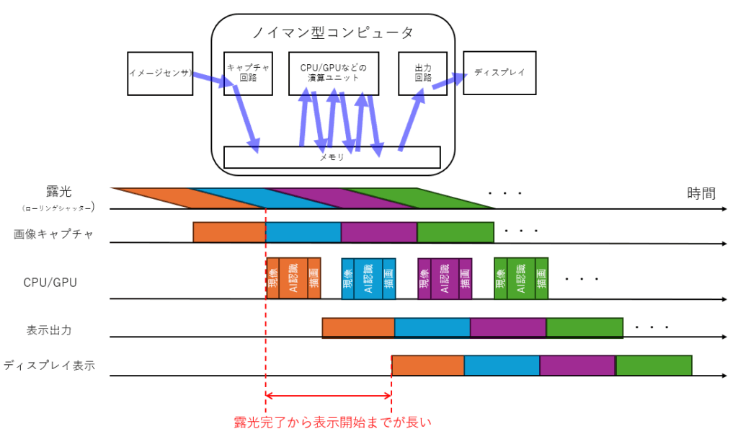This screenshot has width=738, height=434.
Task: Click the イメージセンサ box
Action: pos(160,73)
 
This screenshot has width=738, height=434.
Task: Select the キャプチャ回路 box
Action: pos(248,73)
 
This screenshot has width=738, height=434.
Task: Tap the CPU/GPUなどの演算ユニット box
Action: pos(333,73)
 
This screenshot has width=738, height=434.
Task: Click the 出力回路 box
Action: pos(422,73)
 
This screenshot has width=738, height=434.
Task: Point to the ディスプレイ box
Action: pos(499,73)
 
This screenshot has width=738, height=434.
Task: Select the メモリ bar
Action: pos(332,157)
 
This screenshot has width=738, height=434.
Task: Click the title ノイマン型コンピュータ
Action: pos(332,32)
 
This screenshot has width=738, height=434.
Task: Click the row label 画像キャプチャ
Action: pos(53,234)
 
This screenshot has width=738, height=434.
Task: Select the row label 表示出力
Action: pos(48,330)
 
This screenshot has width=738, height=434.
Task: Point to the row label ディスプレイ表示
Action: pos(49,365)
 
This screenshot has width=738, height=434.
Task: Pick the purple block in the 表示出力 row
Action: pos(507,328)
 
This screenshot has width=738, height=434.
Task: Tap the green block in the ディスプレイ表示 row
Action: pos(654,366)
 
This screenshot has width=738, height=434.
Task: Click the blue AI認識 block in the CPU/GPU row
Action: pos(368,278)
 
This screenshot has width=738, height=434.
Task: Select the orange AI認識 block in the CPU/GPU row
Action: pos(293,278)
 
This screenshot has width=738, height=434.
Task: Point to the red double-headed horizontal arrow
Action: pos(329,396)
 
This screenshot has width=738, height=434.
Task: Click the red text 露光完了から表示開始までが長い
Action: pos(332,422)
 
